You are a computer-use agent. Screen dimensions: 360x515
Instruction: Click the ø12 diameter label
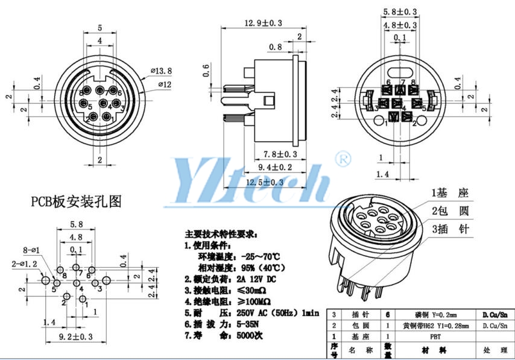click(165, 85)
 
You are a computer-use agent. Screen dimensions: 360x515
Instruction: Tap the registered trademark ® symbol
click(346, 159)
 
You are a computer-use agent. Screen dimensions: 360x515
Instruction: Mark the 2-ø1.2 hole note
click(24, 264)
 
